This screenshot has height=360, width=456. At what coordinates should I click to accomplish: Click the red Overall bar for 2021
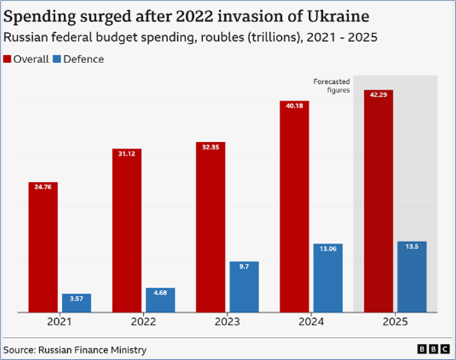click(x=43, y=246)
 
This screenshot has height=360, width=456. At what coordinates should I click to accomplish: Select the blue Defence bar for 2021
click(x=77, y=302)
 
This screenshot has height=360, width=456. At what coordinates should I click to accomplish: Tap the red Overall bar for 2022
click(x=127, y=230)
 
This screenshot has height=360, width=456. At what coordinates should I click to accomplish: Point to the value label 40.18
click(x=294, y=106)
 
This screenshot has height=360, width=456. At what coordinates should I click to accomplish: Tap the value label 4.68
click(x=160, y=293)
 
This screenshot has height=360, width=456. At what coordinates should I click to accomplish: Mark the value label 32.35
click(x=210, y=147)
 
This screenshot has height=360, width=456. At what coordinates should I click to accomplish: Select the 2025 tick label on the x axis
click(x=395, y=322)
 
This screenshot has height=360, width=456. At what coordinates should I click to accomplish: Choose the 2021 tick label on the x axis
click(x=59, y=322)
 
